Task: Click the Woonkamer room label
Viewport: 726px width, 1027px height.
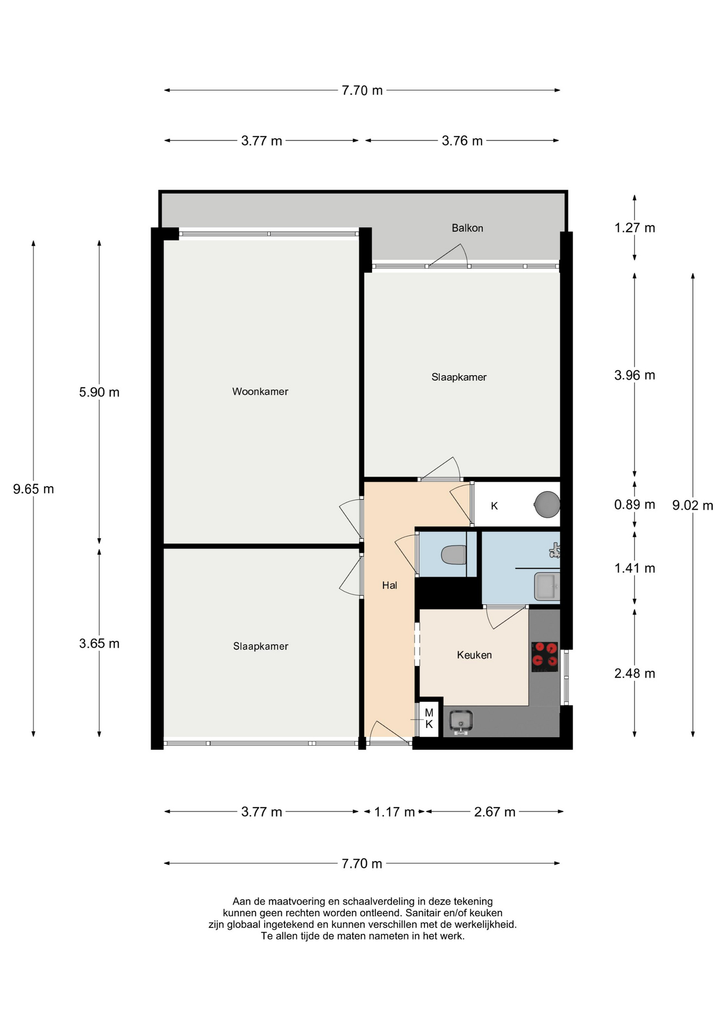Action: click(x=260, y=392)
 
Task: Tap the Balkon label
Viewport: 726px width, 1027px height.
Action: click(x=467, y=228)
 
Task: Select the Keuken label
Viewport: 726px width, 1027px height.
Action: click(x=474, y=655)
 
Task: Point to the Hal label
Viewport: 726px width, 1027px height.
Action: click(x=389, y=585)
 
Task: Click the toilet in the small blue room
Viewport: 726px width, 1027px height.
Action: click(x=454, y=555)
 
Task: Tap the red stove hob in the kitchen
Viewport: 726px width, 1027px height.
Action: click(x=544, y=656)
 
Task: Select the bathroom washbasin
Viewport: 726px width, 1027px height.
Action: click(x=546, y=586)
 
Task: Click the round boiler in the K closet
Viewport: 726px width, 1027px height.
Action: click(x=546, y=504)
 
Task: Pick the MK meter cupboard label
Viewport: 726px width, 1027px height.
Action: click(x=429, y=718)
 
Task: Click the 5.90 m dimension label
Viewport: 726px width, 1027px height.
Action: click(x=99, y=392)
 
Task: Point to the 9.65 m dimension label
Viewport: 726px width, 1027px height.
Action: click(x=33, y=489)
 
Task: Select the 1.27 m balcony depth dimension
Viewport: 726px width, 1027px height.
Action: click(x=635, y=228)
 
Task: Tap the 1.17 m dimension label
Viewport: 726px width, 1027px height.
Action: click(x=395, y=812)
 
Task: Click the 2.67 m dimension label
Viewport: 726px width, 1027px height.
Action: click(x=495, y=812)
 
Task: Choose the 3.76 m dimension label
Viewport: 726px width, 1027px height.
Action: click(x=462, y=141)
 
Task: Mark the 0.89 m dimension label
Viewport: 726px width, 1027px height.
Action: click(x=635, y=504)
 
